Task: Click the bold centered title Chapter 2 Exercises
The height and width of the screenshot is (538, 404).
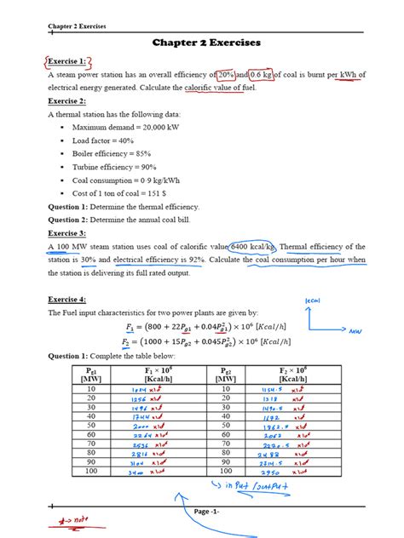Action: (x=206, y=43)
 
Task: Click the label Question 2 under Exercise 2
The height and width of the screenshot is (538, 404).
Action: (x=74, y=220)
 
